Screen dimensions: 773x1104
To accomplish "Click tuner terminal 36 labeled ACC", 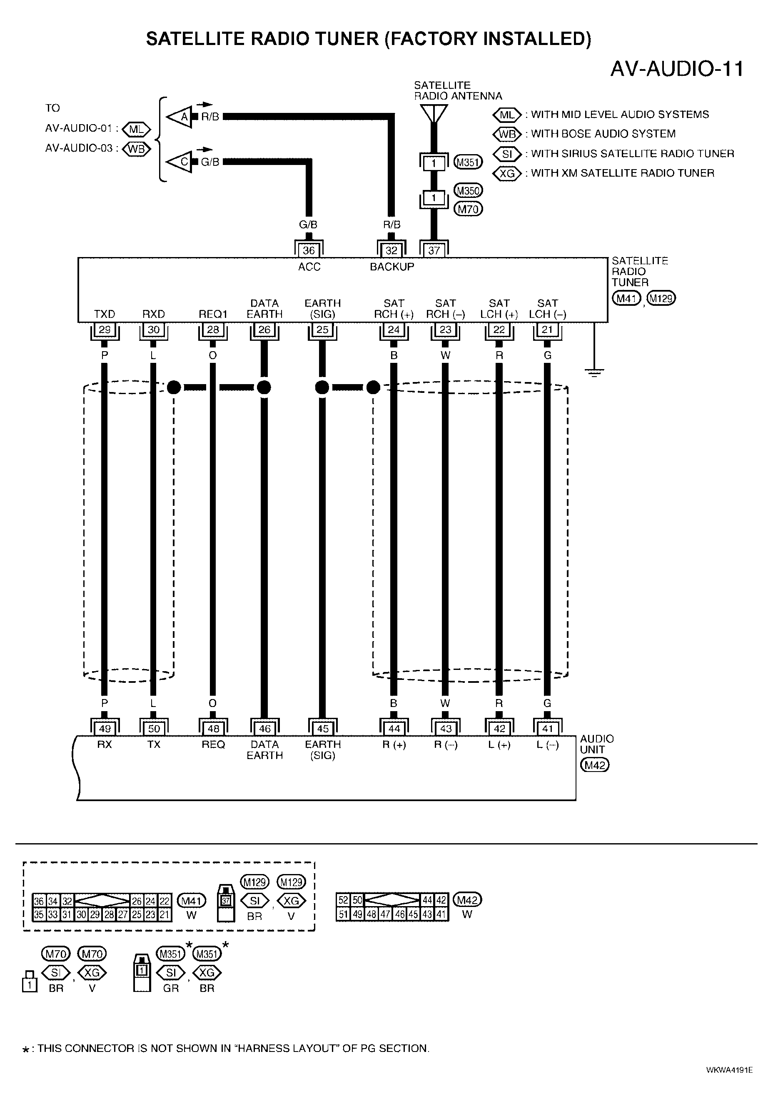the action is point(309,250).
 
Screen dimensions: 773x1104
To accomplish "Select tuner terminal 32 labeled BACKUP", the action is point(392,250).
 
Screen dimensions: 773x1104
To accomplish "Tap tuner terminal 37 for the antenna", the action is point(434,250).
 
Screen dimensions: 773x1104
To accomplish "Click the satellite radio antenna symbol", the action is point(434,113).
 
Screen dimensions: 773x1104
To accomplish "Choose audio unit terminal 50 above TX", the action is point(153,729).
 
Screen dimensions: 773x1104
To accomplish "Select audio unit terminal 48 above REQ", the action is point(213,729).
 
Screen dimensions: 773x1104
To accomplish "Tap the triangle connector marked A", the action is point(180,116).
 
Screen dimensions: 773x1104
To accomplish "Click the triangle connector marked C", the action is point(180,162).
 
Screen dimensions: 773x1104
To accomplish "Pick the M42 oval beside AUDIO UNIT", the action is point(595,764).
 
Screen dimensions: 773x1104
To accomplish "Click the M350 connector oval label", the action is point(468,190).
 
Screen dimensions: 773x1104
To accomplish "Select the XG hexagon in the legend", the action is point(507,173).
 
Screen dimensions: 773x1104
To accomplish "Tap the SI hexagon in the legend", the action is point(507,154).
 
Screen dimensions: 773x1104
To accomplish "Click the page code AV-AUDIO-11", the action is point(677,69).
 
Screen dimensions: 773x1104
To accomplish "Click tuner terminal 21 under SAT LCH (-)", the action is point(547,330).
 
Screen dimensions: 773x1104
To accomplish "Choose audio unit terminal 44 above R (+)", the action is point(394,729).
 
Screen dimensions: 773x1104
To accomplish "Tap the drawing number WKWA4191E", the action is point(729,1070).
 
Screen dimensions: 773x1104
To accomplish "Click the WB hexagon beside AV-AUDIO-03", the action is point(136,149).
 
